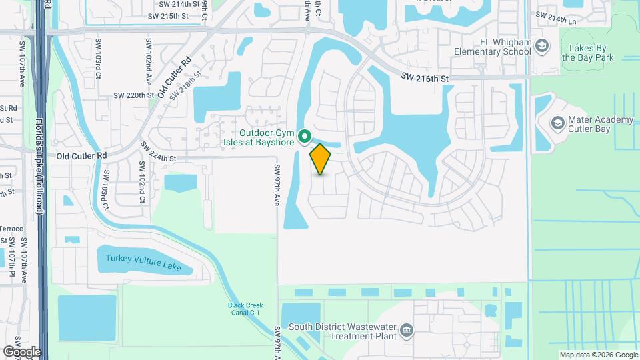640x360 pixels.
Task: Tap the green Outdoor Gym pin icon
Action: click(x=305, y=136)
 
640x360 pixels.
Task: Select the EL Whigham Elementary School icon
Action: click(x=541, y=46)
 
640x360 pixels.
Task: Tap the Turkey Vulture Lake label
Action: click(x=143, y=261)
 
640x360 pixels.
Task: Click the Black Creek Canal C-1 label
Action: click(x=244, y=309)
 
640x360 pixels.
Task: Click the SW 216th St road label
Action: click(x=425, y=78)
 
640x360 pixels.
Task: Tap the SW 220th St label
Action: click(x=133, y=95)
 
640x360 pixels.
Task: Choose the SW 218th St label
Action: click(x=185, y=88)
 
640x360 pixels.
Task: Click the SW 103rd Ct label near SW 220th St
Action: click(x=97, y=67)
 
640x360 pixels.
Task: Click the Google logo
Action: click(x=22, y=351)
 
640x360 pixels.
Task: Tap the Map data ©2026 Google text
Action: click(x=598, y=355)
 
